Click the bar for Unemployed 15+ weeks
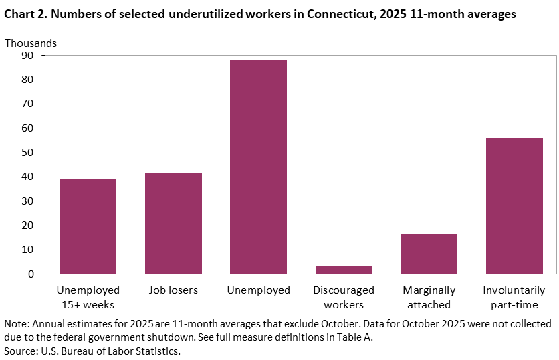click(88, 226)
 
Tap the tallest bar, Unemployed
click(259, 167)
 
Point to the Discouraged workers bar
click(344, 270)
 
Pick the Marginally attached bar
click(429, 254)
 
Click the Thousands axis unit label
click(31, 43)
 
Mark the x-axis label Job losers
click(173, 290)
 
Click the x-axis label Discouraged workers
click(344, 298)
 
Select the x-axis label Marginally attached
click(429, 298)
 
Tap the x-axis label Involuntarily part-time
click(514, 298)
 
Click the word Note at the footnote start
click(16, 324)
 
